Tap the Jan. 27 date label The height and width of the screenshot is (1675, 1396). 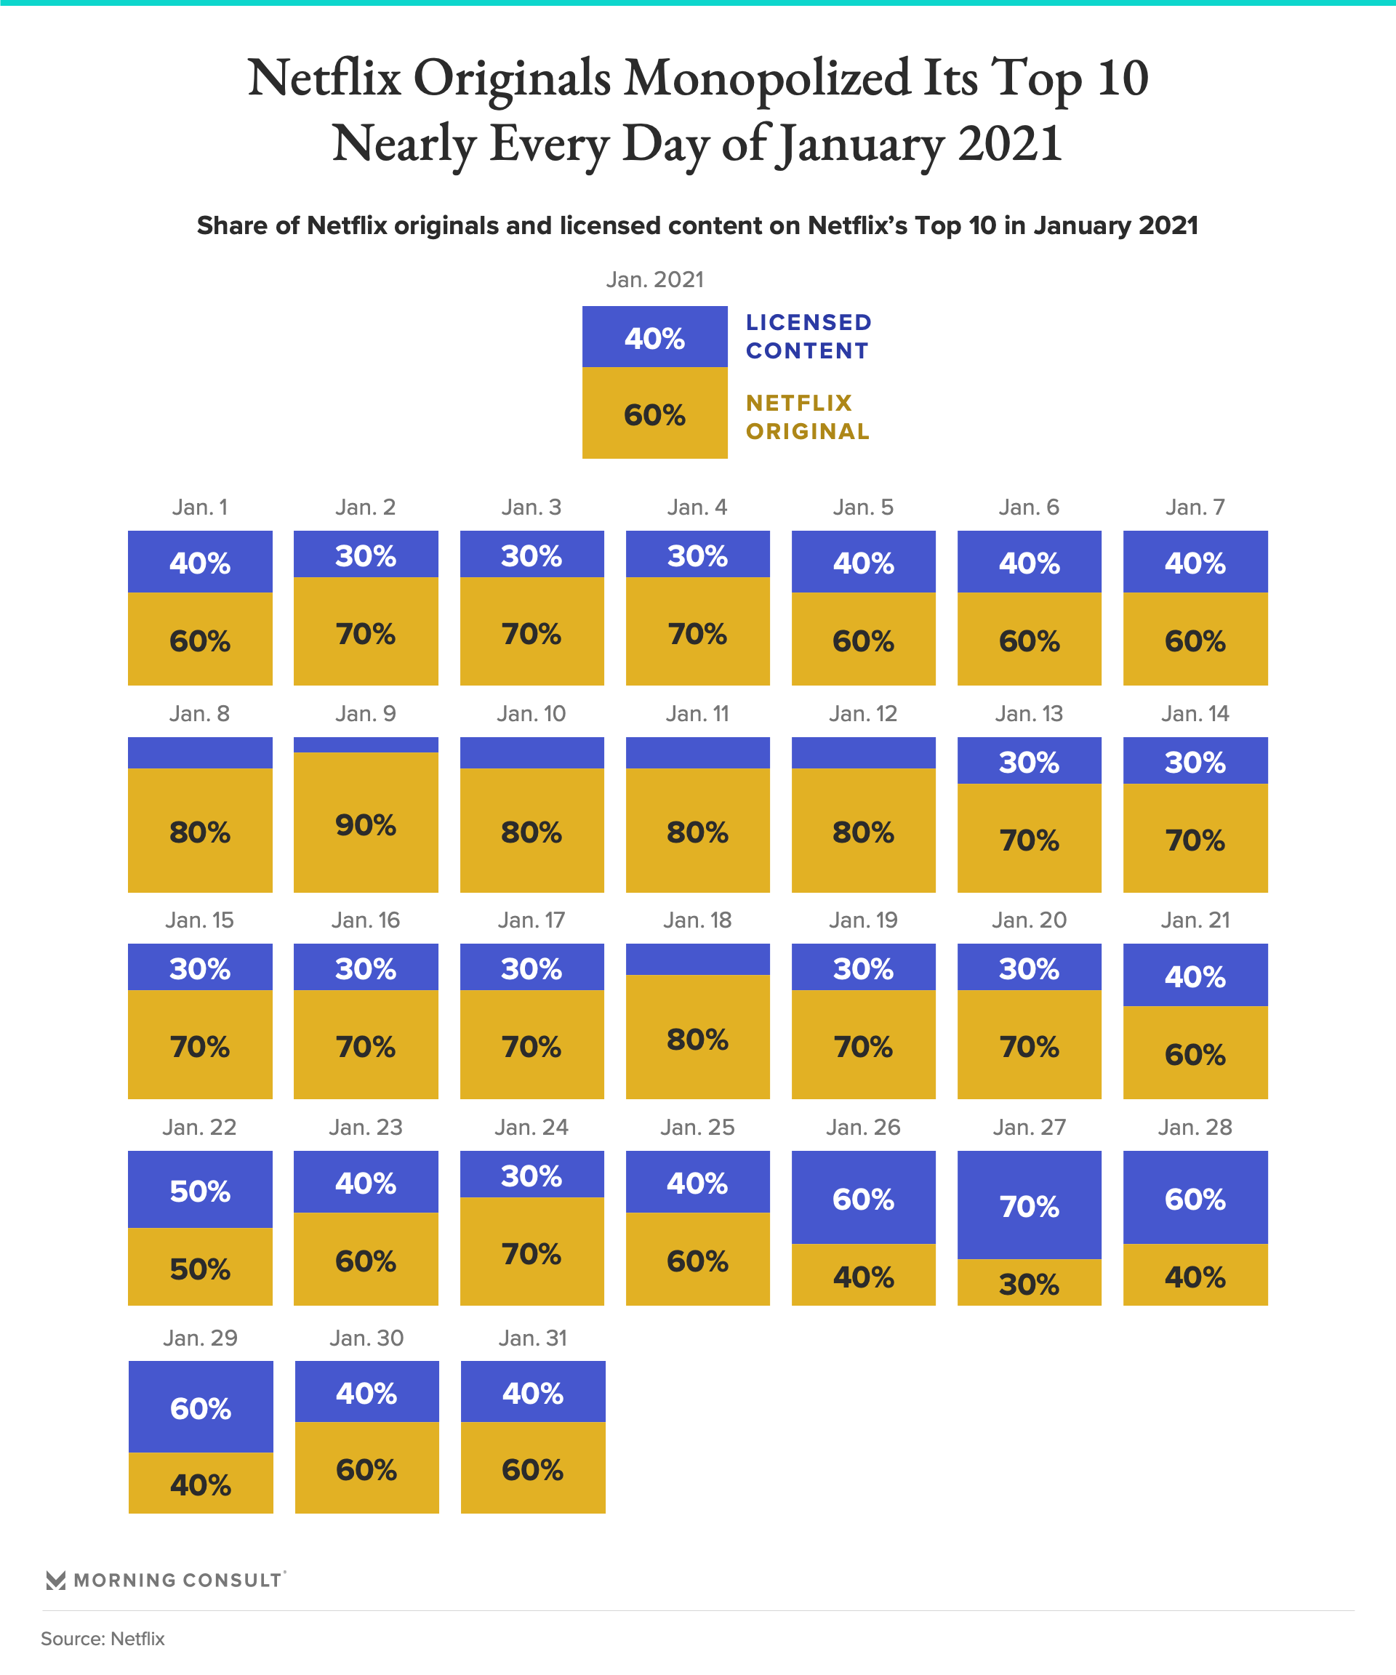(x=1029, y=1127)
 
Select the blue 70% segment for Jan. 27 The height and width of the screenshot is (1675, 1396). (x=1029, y=1205)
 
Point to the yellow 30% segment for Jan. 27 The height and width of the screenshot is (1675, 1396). (x=1029, y=1283)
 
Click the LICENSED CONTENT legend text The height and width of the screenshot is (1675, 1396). (x=808, y=337)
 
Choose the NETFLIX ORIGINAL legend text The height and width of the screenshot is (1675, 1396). (x=807, y=417)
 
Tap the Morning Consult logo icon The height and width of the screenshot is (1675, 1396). (x=55, y=1580)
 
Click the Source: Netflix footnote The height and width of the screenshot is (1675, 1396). (x=103, y=1639)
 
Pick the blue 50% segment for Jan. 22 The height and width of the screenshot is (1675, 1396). (x=200, y=1190)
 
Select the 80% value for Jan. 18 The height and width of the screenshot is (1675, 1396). (x=697, y=1040)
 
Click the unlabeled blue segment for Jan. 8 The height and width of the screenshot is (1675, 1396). (x=200, y=753)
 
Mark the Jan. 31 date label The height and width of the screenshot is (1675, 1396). (x=532, y=1338)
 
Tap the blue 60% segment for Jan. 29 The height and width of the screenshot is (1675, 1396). (x=200, y=1407)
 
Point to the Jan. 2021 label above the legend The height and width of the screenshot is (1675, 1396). (x=654, y=280)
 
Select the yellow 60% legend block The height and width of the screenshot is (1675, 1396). (x=654, y=414)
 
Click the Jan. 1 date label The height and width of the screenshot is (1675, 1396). (x=200, y=507)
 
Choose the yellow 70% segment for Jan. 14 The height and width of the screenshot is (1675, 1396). (x=1195, y=839)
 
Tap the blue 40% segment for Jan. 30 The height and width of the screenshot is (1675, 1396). (x=366, y=1393)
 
